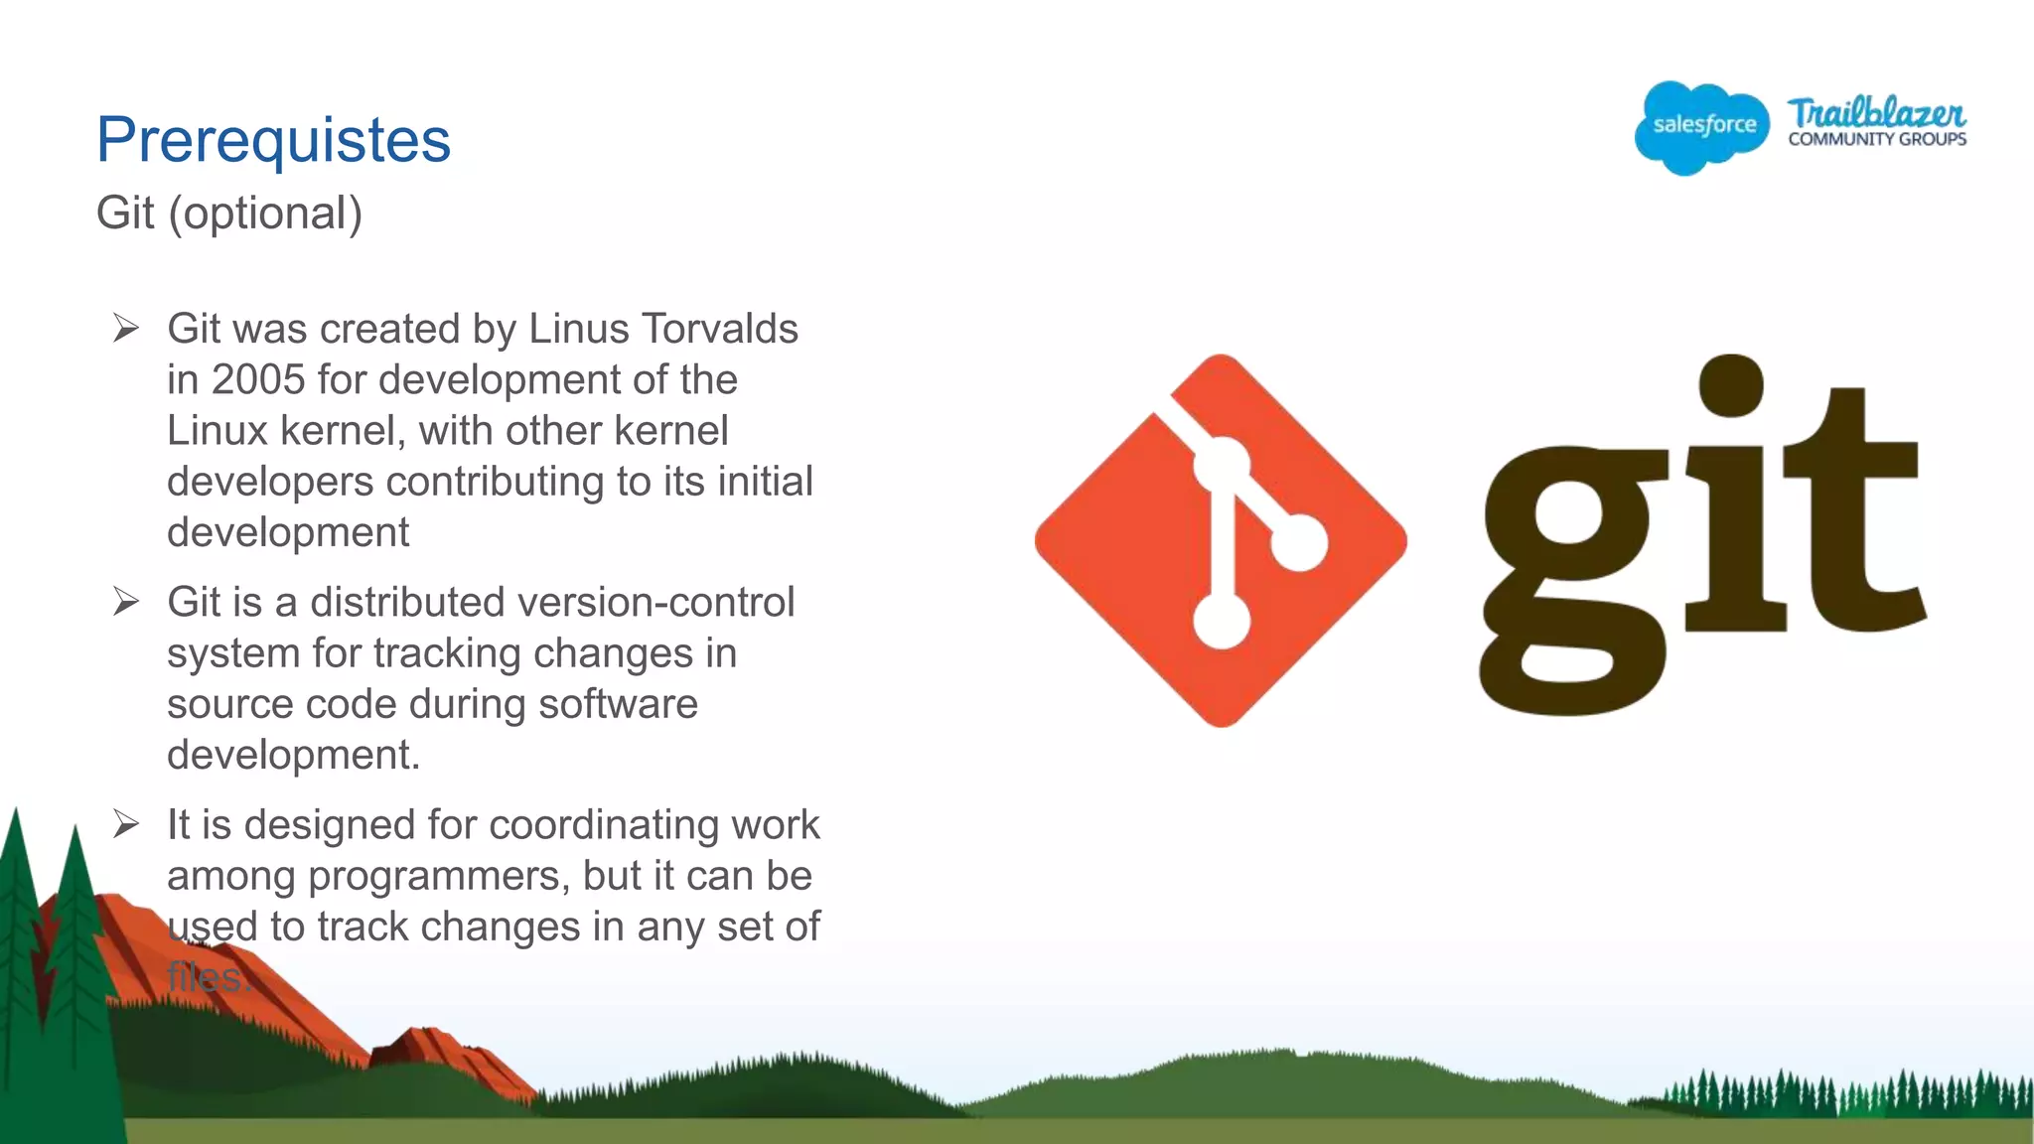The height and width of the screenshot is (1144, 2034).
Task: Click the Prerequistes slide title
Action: [273, 140]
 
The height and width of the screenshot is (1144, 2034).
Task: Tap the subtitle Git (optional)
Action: [229, 213]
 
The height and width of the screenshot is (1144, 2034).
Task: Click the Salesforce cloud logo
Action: [1702, 127]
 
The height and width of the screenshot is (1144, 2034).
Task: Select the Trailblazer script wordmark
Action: [1876, 112]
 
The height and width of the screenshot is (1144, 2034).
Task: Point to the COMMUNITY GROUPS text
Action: [1877, 140]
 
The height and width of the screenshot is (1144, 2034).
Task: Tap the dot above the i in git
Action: [1731, 386]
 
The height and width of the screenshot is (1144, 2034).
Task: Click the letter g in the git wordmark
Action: [1574, 576]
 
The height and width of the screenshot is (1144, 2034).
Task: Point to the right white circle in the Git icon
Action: [1298, 542]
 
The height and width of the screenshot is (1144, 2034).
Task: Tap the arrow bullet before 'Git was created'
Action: [126, 328]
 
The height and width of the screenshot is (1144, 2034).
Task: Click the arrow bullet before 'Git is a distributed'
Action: [126, 601]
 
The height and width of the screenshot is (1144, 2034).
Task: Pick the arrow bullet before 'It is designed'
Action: [126, 823]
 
